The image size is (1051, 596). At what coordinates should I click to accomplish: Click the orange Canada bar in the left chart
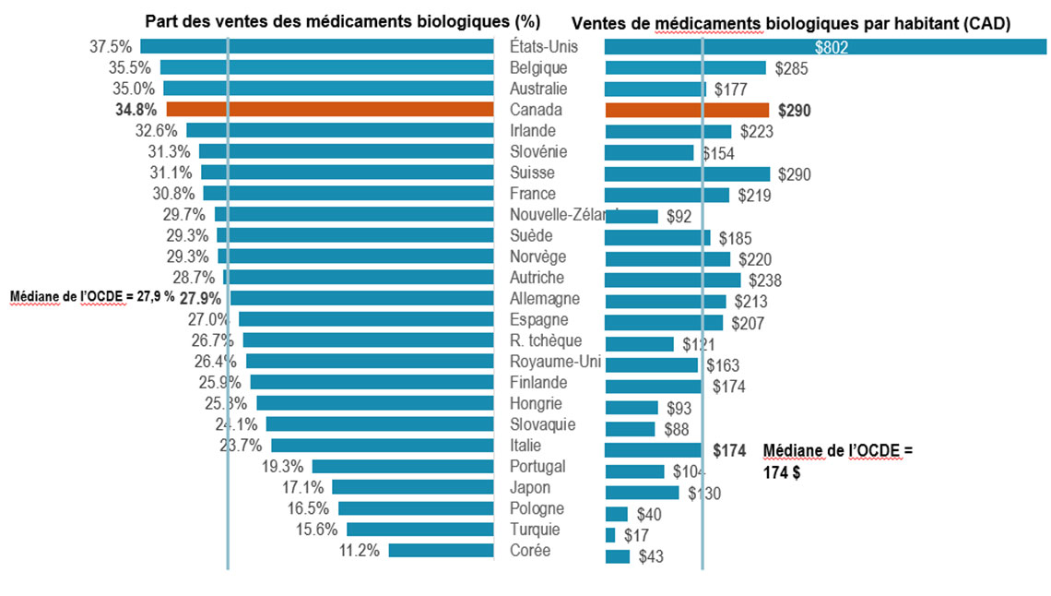(x=330, y=109)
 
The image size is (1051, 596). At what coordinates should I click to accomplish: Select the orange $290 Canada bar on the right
(x=687, y=110)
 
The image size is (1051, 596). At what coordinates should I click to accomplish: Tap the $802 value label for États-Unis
(x=831, y=47)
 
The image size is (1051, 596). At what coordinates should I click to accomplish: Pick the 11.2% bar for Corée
(x=441, y=550)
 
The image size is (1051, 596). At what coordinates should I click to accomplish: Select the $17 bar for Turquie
(x=610, y=535)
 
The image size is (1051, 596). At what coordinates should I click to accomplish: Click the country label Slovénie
(x=538, y=151)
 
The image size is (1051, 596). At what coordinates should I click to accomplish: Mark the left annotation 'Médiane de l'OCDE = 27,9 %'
(x=92, y=297)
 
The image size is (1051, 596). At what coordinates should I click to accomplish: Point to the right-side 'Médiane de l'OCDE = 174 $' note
(x=837, y=459)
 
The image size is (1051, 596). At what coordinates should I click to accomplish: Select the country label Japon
(x=530, y=487)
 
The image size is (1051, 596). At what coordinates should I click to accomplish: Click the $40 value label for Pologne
(x=648, y=514)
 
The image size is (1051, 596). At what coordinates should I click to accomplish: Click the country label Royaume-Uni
(x=555, y=362)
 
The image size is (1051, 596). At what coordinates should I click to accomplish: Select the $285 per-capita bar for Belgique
(x=685, y=67)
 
